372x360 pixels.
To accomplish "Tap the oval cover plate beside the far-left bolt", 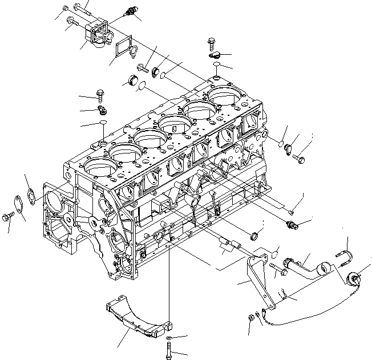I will pos(20,204).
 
